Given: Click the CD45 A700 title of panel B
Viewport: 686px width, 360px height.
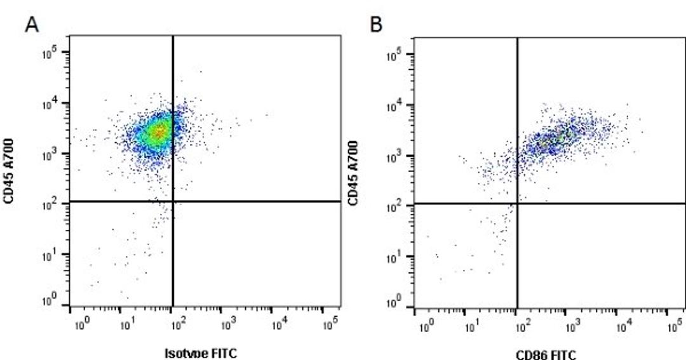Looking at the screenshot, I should click(353, 173).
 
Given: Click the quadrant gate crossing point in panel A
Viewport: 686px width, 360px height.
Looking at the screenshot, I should click(173, 202).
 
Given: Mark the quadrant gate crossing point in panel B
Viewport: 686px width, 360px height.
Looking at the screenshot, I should click(518, 204).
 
